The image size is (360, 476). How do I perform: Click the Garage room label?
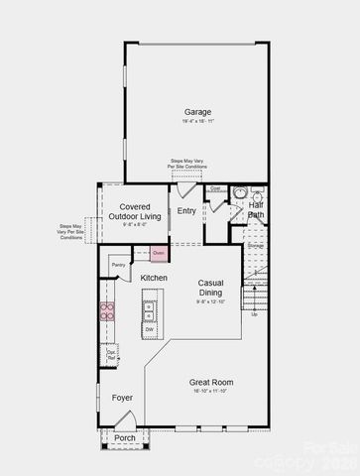pyautogui.click(x=196, y=111)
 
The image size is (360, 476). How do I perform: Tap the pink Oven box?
pyautogui.click(x=158, y=253)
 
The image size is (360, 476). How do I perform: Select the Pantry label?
pyautogui.click(x=118, y=265)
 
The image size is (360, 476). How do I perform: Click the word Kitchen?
pyautogui.click(x=154, y=278)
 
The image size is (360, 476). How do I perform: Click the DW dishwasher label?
pyautogui.click(x=149, y=328)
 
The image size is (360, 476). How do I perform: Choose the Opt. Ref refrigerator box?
pyautogui.click(x=112, y=353)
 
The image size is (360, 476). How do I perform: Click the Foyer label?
pyautogui.click(x=122, y=397)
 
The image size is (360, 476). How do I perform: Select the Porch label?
pyautogui.click(x=124, y=437)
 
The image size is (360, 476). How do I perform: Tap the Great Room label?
pyautogui.click(x=210, y=382)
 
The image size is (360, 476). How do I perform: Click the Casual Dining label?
pyautogui.click(x=210, y=288)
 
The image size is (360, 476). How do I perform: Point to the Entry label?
pyautogui.click(x=186, y=211)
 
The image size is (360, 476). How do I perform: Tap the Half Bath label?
pyautogui.click(x=255, y=210)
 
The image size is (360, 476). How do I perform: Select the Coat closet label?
pyautogui.click(x=215, y=187)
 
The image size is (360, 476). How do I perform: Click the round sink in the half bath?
pyautogui.click(x=240, y=192)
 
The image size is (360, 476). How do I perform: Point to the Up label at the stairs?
pyautogui.click(x=254, y=314)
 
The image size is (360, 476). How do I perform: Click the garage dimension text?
pyautogui.click(x=196, y=122)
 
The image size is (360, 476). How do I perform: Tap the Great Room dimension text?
pyautogui.click(x=210, y=392)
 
